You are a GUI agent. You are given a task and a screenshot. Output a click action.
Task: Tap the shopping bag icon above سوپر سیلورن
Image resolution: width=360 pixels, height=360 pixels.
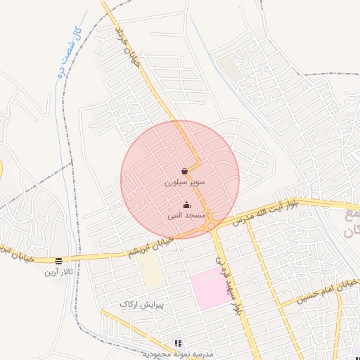(184, 171)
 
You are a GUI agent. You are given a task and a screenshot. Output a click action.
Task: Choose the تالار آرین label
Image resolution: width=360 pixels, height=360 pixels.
(59, 271)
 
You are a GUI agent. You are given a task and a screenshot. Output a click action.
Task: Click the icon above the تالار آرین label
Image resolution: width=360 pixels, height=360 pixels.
(59, 261)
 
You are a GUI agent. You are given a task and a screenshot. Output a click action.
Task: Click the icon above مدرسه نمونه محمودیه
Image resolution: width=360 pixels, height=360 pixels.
(177, 343)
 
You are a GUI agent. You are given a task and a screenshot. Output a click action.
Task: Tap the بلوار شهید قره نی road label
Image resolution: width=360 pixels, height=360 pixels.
(227, 278)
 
